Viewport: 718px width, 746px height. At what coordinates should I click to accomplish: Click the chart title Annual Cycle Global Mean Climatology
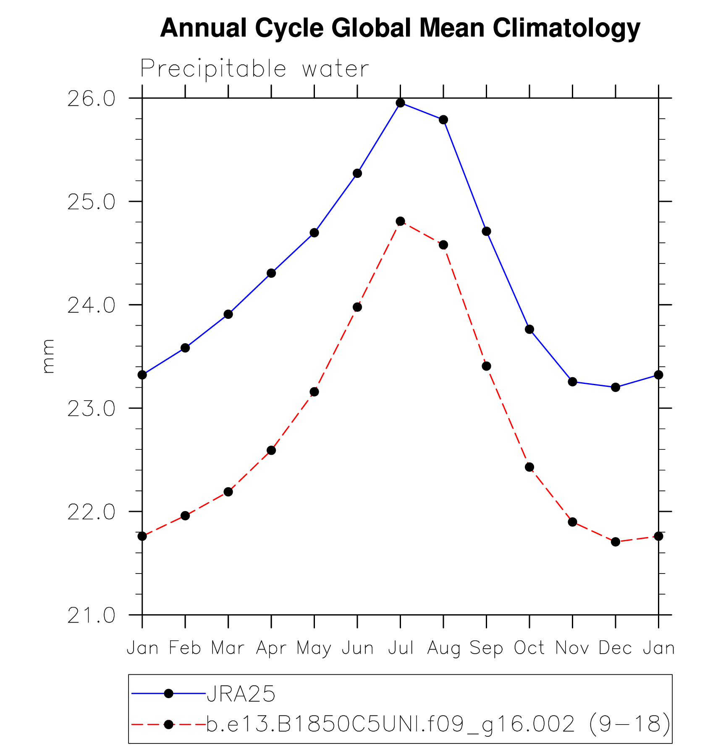tap(400, 29)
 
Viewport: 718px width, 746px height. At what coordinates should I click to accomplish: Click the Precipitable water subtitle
tap(254, 69)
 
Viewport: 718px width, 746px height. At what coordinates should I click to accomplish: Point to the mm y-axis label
tap(48, 356)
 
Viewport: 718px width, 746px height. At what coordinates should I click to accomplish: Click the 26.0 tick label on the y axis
tap(91, 100)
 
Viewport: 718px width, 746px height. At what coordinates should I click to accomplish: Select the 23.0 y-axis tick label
tap(91, 409)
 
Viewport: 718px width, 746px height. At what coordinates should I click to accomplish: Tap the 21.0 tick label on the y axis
tap(91, 616)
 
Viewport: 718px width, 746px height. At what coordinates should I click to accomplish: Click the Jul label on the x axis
tap(401, 648)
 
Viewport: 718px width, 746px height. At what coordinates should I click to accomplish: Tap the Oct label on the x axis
tap(529, 648)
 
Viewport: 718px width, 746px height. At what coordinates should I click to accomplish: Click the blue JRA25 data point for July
tap(401, 103)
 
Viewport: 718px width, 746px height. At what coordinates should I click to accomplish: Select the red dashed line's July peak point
tap(401, 221)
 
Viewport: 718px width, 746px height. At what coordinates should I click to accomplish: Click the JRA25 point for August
tap(443, 120)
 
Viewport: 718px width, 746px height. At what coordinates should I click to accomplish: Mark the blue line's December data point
tap(616, 387)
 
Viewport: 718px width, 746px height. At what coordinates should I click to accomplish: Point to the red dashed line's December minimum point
tap(616, 542)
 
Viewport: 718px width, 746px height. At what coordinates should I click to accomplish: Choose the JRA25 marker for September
tap(487, 231)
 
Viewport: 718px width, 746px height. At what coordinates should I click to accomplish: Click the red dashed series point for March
tap(228, 492)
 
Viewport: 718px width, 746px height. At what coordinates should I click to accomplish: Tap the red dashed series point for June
tap(357, 307)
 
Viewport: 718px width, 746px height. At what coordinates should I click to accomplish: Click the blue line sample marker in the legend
tap(168, 694)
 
